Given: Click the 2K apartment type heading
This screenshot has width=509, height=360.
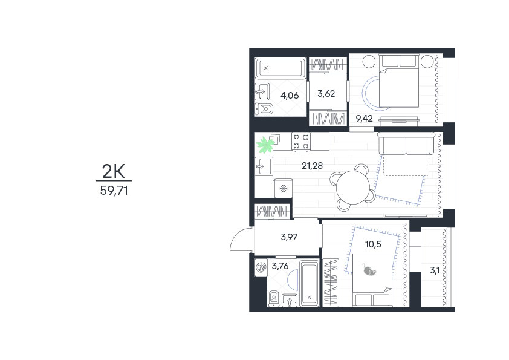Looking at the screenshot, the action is pos(114,171).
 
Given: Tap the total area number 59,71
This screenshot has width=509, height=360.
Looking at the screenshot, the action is pos(114,191).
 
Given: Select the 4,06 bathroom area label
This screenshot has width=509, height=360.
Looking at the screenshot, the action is pos(290,95).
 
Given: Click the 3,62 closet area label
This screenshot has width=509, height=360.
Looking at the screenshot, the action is pos(326,94).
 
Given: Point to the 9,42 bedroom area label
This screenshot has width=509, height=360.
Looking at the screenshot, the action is pos(365,119).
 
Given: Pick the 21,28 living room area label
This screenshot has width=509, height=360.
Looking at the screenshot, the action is pos(313,166).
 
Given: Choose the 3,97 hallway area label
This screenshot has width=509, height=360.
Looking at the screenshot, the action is pos(289,237).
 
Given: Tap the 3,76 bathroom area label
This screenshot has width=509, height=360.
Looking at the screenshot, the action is pos(280,266).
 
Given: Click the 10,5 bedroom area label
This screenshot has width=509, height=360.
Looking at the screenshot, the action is pos(374,244).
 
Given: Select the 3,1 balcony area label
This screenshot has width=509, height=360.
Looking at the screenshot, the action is pos(435,270).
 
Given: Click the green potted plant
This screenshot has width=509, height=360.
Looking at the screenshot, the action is pos(265,145).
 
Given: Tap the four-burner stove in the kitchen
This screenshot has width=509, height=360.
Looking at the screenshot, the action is pos(301,142).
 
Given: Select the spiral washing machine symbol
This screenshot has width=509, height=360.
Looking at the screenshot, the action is pos(261,267).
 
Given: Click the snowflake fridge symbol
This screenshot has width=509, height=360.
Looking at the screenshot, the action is pos(284,188).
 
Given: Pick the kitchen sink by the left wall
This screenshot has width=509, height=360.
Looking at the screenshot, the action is pos(264,166).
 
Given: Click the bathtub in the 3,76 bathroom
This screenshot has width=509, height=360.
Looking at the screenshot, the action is pos(309,283).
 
